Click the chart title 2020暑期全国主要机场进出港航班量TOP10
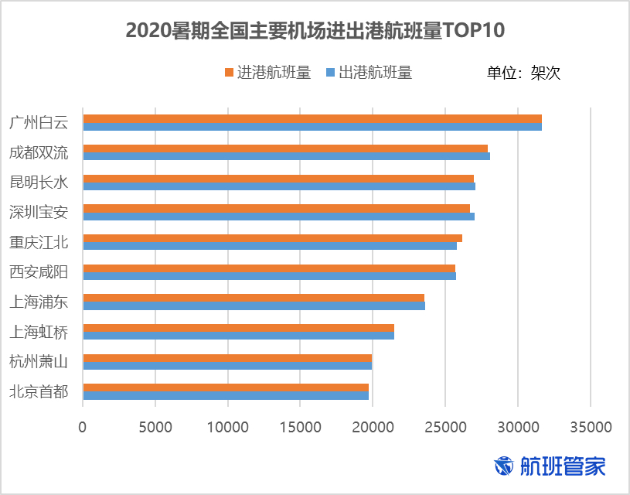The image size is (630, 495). click(315, 30)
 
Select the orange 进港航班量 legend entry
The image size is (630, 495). click(267, 73)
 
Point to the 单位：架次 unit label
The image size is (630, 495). click(523, 73)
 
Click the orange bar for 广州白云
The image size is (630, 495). click(312, 118)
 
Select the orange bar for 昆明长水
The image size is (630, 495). click(278, 179)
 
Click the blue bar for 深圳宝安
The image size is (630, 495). click(278, 216)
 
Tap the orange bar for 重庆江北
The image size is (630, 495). click(272, 238)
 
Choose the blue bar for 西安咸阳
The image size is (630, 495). click(269, 276)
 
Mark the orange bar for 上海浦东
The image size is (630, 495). click(254, 298)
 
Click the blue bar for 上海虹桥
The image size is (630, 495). click(238, 336)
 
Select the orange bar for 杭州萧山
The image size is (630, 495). click(227, 358)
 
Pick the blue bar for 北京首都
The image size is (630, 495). click(226, 395)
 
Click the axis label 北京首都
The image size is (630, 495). click(39, 391)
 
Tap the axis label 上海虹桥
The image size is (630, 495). click(39, 332)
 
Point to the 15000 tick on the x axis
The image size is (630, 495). click(300, 427)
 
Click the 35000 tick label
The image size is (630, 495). click(590, 427)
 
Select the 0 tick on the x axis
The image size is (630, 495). click(83, 427)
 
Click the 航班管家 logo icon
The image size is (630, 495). click(504, 466)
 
